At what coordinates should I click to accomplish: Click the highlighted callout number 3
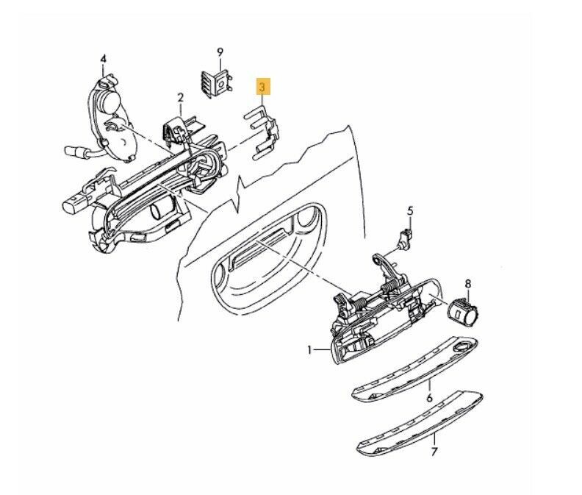click(263, 87)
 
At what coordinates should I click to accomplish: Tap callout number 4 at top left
click(104, 58)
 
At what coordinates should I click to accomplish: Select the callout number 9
click(219, 51)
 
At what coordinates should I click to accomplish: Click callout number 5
click(410, 211)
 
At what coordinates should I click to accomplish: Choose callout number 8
click(468, 282)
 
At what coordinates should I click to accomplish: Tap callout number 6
click(429, 398)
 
